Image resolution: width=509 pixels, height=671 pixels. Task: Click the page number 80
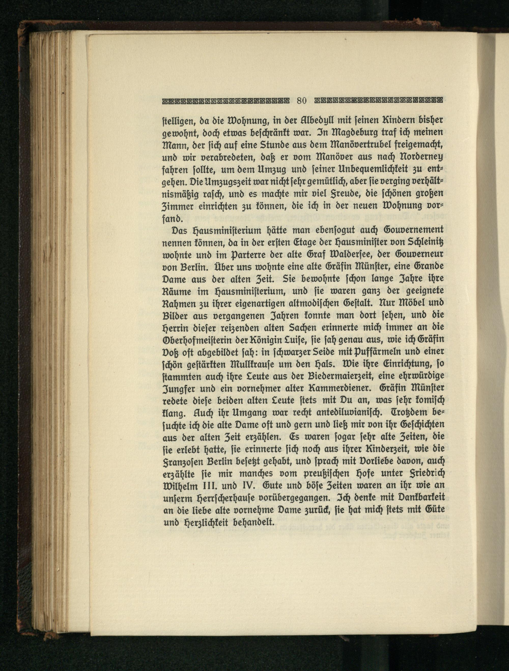coord(302,101)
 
